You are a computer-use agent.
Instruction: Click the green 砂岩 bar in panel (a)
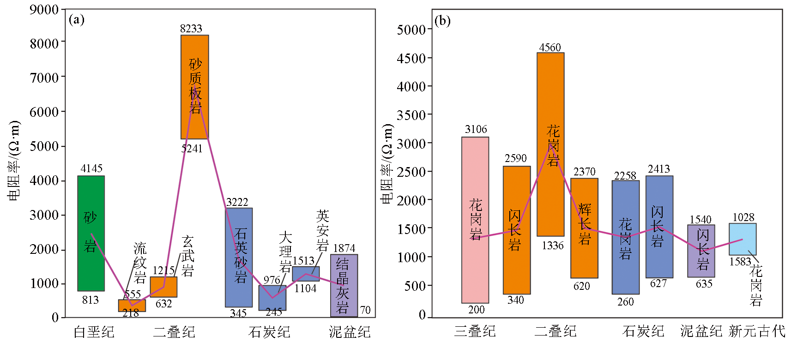[91, 233]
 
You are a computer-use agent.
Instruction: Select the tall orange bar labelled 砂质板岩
[194, 87]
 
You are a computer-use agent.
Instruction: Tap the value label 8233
[191, 29]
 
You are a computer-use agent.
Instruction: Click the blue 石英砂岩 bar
[239, 257]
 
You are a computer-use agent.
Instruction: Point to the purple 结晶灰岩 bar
[344, 285]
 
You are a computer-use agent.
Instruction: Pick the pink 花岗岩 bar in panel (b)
[475, 220]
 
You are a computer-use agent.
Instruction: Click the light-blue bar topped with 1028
[743, 239]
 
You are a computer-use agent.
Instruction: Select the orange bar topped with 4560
[550, 144]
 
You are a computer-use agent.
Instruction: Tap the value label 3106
[476, 129]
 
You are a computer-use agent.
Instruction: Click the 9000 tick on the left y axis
[44, 10]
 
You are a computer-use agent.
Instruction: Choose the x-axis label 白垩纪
[94, 332]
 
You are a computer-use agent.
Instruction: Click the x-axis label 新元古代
[757, 331]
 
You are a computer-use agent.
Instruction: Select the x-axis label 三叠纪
[475, 331]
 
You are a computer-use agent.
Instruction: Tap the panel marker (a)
[77, 19]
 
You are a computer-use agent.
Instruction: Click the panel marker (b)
[442, 21]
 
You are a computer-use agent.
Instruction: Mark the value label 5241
[192, 149]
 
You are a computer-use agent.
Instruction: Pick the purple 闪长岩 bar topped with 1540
[701, 251]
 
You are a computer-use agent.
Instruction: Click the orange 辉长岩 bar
[584, 228]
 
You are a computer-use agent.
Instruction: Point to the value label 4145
[91, 168]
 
